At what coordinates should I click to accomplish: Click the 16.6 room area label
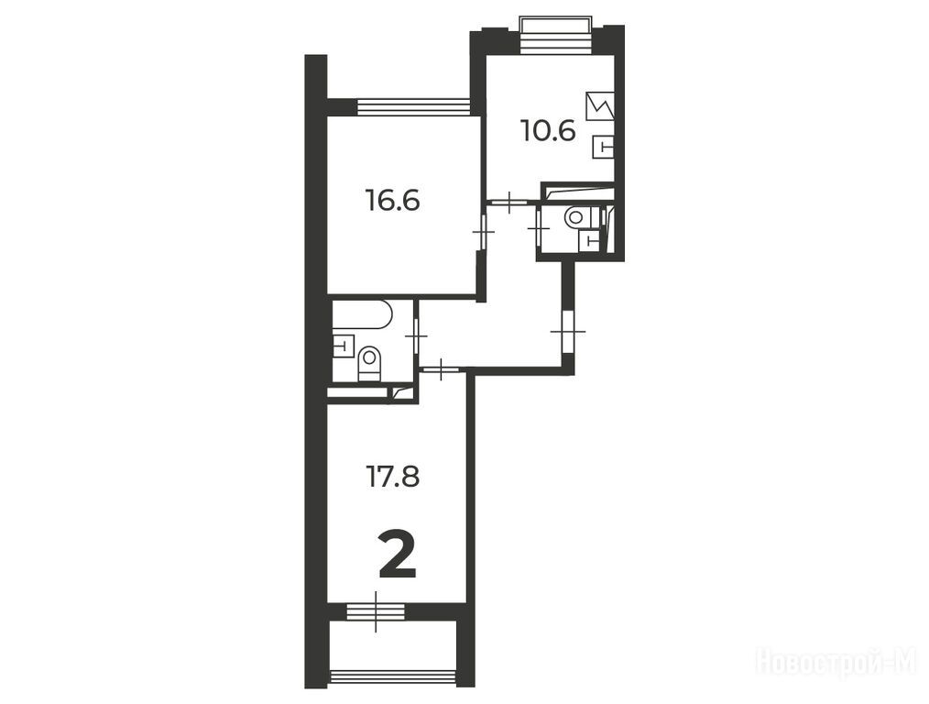pyautogui.click(x=392, y=201)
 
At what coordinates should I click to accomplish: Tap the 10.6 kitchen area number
pyautogui.click(x=548, y=130)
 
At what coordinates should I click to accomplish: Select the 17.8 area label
pyautogui.click(x=393, y=477)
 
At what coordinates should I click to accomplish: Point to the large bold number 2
pyautogui.click(x=398, y=555)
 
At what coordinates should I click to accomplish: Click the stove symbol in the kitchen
pyautogui.click(x=600, y=106)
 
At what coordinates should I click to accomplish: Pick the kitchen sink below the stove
pyautogui.click(x=603, y=146)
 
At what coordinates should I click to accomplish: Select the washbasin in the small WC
pyautogui.click(x=589, y=239)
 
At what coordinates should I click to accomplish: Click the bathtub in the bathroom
pyautogui.click(x=362, y=314)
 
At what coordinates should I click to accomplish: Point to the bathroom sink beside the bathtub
pyautogui.click(x=343, y=346)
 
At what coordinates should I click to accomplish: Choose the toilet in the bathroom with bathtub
pyautogui.click(x=370, y=363)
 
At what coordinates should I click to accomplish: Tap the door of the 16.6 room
pyautogui.click(x=483, y=232)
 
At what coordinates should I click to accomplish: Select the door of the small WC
pyautogui.click(x=539, y=226)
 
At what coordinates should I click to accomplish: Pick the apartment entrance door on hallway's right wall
pyautogui.click(x=568, y=331)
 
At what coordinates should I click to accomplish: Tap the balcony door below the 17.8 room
pyautogui.click(x=376, y=611)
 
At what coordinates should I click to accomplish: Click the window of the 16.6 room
pyautogui.click(x=414, y=106)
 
